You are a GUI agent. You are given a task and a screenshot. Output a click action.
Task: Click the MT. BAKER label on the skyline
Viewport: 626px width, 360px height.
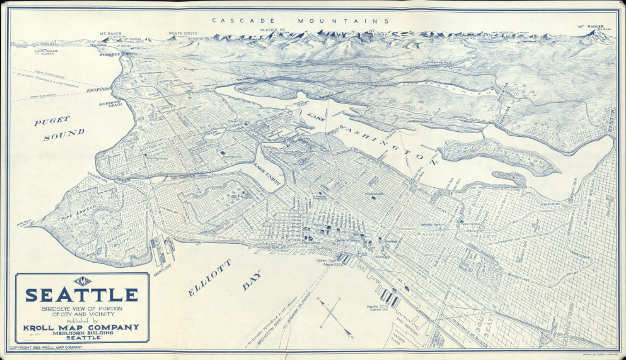tap(109, 33)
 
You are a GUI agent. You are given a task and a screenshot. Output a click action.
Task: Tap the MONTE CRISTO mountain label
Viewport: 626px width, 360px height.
tap(182, 33)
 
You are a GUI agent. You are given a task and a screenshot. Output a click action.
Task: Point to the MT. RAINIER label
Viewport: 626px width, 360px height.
tap(591, 27)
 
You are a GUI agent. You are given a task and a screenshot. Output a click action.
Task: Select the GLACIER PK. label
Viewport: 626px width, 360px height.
tap(272, 30)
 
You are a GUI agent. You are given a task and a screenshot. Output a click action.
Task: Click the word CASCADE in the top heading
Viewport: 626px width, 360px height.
tap(243, 21)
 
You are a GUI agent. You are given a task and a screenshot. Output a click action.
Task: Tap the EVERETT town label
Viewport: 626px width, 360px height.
tap(110, 55)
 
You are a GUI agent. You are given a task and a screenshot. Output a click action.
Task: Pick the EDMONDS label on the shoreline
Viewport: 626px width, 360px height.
tap(98, 90)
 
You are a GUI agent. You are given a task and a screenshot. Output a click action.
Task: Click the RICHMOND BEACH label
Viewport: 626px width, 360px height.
tap(110, 103)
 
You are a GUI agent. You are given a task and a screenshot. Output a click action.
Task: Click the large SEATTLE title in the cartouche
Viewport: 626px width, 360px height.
tap(82, 295)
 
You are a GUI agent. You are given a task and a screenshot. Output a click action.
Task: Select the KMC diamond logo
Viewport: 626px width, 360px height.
tap(82, 281)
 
